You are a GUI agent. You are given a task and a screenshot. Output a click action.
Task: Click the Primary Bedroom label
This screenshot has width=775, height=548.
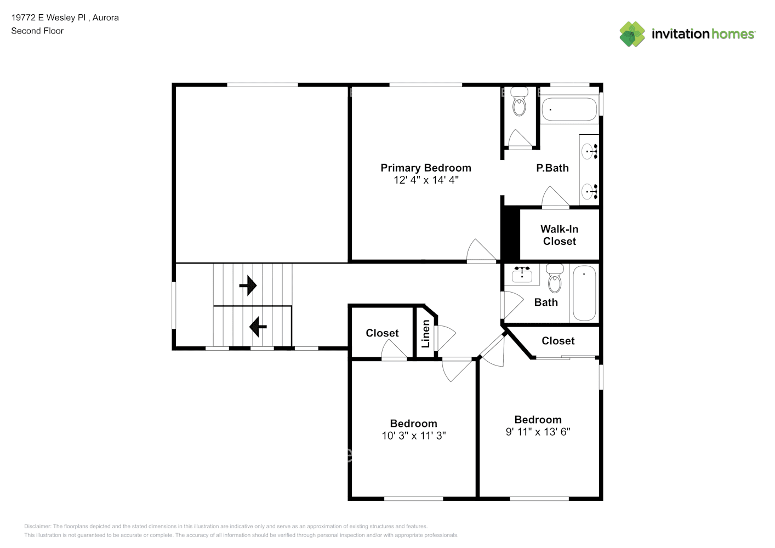425,168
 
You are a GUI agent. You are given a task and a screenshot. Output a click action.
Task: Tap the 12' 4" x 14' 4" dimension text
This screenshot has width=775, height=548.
426,180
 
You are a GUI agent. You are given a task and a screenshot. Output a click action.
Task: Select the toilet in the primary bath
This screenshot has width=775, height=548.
519,101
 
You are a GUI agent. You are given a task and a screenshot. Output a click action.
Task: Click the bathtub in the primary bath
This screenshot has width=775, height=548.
569,109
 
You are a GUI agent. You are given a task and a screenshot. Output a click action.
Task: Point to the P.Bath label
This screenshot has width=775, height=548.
552,168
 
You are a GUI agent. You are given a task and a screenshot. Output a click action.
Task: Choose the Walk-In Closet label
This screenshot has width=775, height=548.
560,235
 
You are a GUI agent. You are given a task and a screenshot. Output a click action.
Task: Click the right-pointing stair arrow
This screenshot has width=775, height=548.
248,286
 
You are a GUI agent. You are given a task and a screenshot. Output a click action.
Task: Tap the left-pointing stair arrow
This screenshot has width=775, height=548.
258,327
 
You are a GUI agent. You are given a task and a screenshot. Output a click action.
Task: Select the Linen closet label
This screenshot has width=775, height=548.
425,334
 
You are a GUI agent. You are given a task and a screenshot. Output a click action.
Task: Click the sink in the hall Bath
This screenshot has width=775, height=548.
522,275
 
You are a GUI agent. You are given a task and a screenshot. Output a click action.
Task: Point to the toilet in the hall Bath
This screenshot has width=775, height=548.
555,278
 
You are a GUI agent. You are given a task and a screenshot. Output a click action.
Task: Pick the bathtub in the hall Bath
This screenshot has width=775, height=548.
584,293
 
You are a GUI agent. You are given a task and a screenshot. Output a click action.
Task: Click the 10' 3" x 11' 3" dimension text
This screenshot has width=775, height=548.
414,436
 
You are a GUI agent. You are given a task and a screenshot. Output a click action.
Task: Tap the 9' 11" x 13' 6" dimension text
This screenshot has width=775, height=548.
538,432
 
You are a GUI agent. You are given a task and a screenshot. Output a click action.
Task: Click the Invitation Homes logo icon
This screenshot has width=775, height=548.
632,34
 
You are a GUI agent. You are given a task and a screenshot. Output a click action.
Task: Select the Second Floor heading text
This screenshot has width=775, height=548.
37,31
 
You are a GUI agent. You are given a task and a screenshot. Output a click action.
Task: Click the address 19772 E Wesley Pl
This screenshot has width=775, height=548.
49,18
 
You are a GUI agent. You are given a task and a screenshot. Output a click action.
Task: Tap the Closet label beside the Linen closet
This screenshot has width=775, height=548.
383,333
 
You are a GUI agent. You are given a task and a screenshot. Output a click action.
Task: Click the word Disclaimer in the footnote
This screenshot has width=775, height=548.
37,526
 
